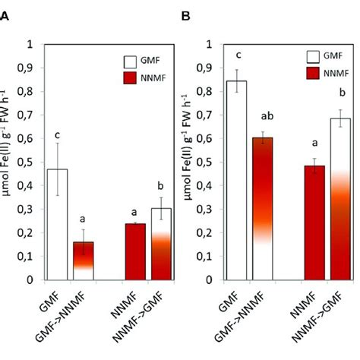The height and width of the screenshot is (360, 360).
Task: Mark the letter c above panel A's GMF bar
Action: coord(58,135)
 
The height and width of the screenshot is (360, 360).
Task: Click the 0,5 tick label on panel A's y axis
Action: coord(24,162)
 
